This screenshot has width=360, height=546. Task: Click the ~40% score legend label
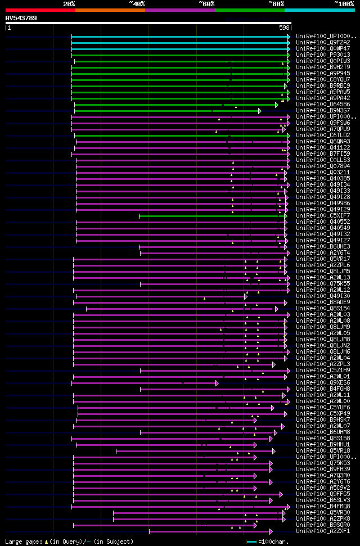tap(137, 4)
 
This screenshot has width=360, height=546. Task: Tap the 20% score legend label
tap(69, 4)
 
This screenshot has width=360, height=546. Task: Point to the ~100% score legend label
tap(344, 4)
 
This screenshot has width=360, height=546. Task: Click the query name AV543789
tap(21, 18)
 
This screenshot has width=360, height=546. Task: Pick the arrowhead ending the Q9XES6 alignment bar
tap(217, 383)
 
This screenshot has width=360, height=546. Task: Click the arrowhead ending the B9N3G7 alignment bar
tap(260, 111)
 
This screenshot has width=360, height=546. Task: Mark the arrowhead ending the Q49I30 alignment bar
tap(246, 296)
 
